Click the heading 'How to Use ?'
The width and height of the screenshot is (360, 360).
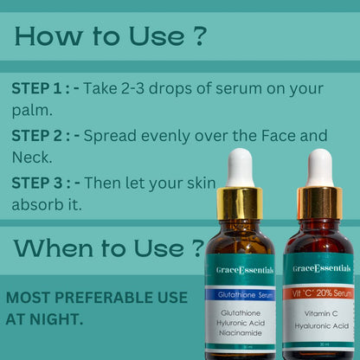111,36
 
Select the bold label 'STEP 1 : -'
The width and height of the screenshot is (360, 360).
47,88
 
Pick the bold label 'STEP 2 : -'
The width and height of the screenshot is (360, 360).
48,136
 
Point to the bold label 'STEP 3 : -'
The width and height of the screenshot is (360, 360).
48,183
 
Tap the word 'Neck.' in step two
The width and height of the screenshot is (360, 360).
32,157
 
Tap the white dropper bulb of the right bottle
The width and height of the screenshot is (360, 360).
319,167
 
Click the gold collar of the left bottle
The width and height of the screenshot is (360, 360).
240,202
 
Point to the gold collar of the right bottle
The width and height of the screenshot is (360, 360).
319,202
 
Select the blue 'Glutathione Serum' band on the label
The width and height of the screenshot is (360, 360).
241,295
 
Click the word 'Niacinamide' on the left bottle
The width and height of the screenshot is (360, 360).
241,333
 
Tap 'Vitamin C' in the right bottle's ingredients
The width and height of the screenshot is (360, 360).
318,312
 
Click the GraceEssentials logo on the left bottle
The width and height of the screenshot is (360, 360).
241,271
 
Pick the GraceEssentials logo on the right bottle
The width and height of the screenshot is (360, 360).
318,269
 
